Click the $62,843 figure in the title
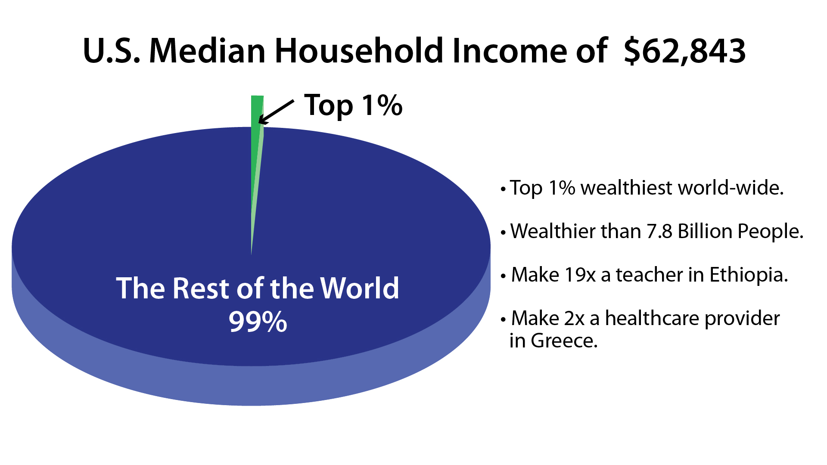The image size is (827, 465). pos(685,51)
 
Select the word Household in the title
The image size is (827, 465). pos(359,51)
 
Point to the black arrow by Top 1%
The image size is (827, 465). pos(276,112)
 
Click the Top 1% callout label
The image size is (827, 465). pos(353,105)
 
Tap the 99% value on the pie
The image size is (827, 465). pos(258,322)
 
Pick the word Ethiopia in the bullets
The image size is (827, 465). pos(748,275)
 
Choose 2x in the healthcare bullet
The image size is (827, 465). pos(574,319)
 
